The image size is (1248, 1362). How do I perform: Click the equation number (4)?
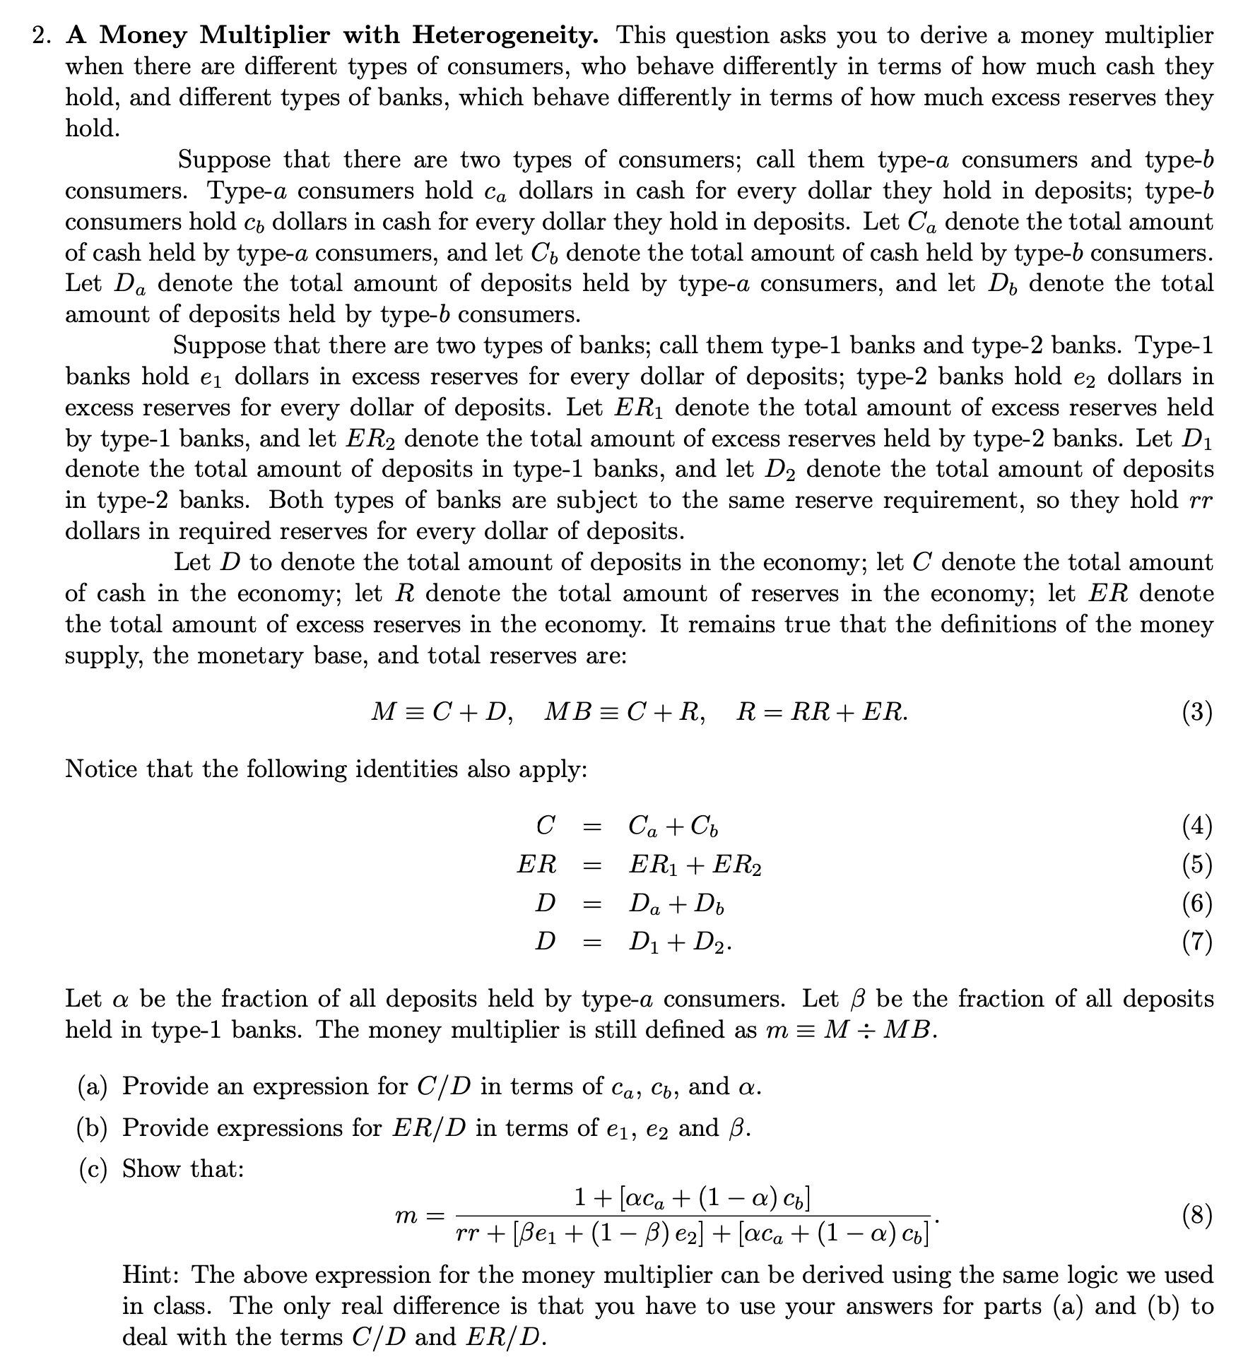click(x=1197, y=826)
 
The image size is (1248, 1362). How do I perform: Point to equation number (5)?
click(x=1197, y=864)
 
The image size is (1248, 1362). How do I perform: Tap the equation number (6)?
click(x=1197, y=903)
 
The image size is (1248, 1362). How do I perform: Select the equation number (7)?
click(x=1197, y=942)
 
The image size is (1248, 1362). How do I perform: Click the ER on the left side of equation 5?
click(x=536, y=864)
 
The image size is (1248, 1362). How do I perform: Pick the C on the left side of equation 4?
click(x=545, y=825)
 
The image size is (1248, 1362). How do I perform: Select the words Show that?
click(x=183, y=1169)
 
